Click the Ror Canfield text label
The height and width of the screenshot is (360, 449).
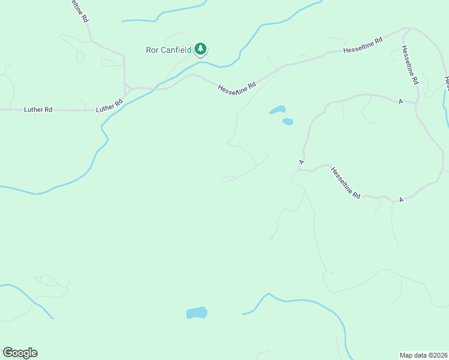(169, 50)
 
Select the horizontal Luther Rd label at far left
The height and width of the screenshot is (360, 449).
(38, 110)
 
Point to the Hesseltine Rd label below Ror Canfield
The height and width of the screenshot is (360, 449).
(237, 88)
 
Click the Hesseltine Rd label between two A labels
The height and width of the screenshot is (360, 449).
(345, 183)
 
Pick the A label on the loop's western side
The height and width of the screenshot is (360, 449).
(302, 162)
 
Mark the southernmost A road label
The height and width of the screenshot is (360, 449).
(400, 199)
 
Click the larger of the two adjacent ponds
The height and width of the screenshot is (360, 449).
(277, 110)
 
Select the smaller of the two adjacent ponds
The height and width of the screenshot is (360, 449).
(288, 122)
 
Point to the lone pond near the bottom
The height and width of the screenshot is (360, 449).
(196, 313)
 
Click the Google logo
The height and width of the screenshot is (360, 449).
(20, 353)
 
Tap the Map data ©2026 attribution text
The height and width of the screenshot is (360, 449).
(424, 355)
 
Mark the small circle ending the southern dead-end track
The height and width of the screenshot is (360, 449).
(271, 238)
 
